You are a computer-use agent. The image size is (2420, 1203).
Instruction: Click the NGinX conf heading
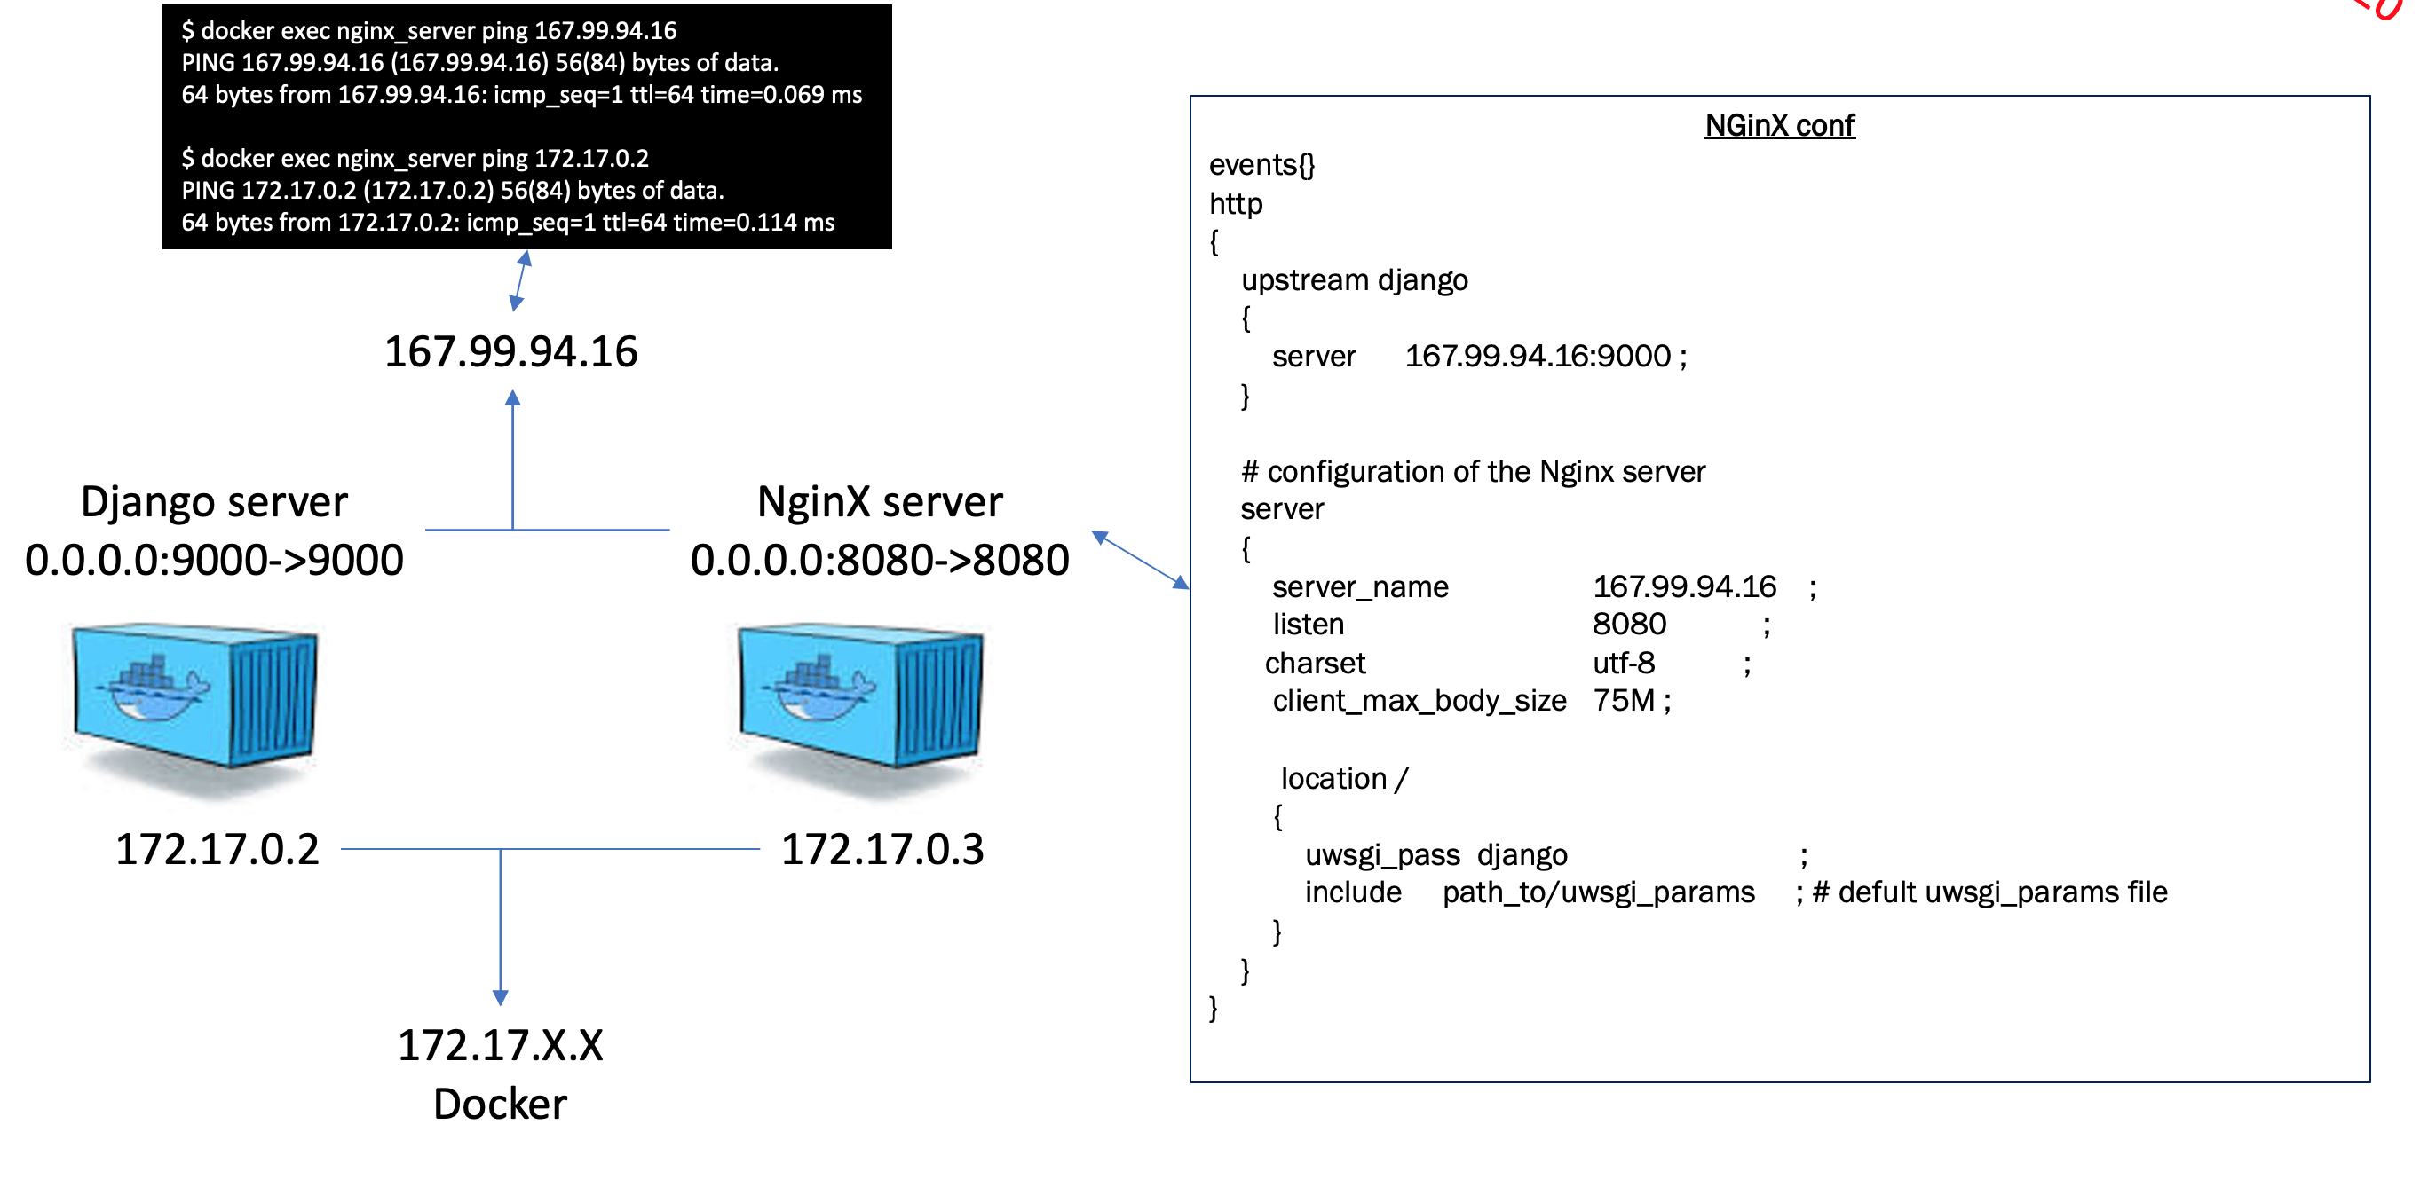(x=1779, y=125)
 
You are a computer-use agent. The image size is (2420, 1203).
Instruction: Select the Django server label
(x=214, y=502)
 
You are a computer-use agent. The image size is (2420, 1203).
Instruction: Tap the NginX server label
(x=880, y=502)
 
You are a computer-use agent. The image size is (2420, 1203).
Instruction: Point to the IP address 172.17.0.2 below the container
(x=217, y=849)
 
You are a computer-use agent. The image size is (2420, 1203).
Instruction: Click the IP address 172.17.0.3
(x=882, y=849)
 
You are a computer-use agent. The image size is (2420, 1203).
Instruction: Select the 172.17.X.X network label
(x=500, y=1045)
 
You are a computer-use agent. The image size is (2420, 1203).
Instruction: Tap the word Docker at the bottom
(x=500, y=1105)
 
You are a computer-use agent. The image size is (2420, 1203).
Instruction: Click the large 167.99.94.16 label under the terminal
(x=511, y=352)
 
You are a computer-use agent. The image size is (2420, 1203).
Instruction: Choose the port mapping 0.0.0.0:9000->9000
(x=214, y=561)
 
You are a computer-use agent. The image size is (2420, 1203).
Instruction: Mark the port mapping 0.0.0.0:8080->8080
(x=880, y=561)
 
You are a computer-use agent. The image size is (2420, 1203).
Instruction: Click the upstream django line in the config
(x=1354, y=281)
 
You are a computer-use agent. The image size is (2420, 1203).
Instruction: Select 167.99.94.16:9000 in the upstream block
(x=1538, y=357)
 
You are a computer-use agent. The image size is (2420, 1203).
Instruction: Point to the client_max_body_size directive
(x=1419, y=702)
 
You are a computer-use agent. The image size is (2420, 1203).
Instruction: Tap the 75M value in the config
(x=1624, y=702)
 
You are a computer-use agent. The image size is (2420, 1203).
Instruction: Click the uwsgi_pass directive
(x=1382, y=855)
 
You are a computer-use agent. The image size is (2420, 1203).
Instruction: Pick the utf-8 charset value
(x=1624, y=664)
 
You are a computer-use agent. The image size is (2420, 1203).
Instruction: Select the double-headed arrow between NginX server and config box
(x=1140, y=560)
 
